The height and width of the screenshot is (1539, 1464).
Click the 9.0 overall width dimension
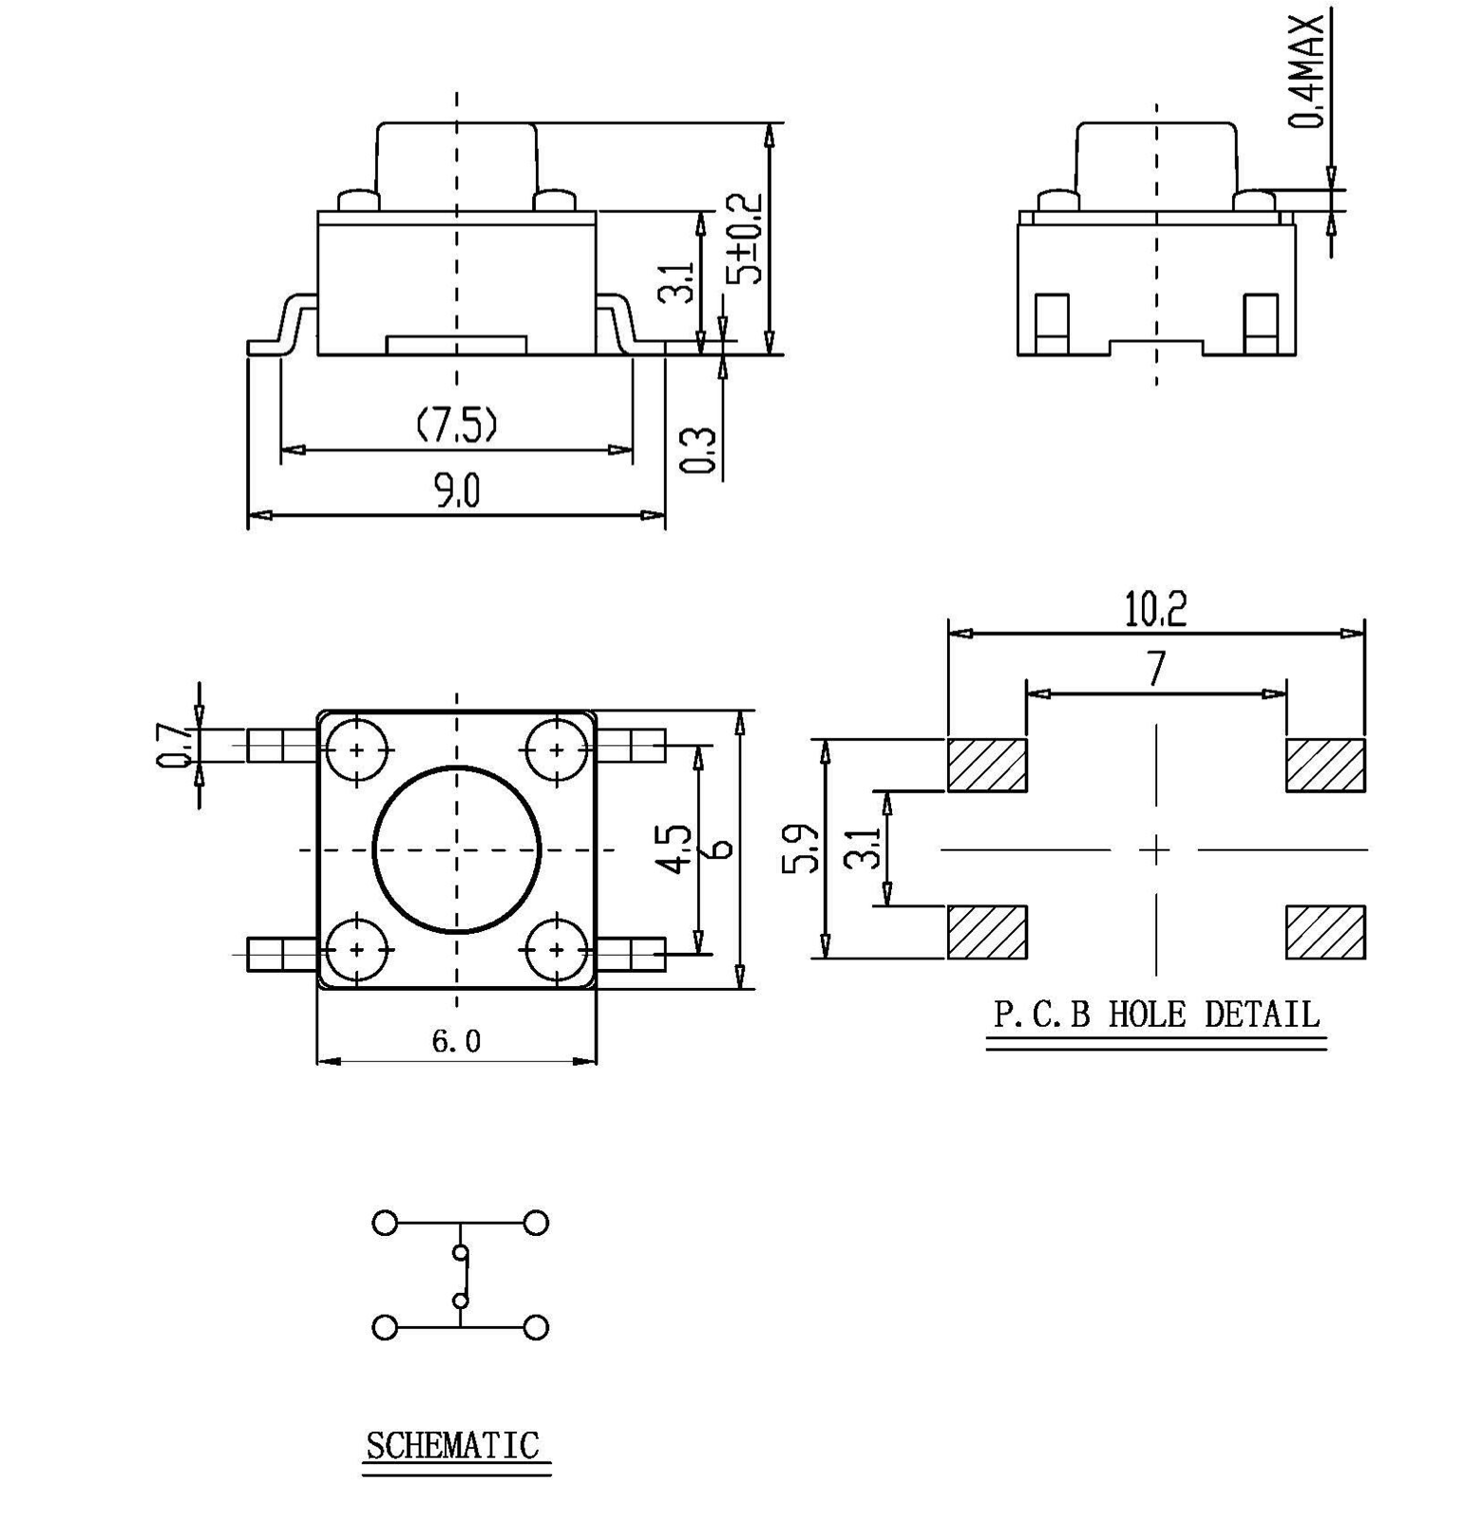[457, 491]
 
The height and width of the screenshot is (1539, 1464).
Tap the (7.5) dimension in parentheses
[457, 424]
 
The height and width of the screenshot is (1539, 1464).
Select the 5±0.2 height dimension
[746, 238]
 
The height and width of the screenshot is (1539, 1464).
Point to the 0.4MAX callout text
[1308, 71]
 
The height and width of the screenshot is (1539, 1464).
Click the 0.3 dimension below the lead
[698, 449]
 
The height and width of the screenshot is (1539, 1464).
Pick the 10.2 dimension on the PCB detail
[1155, 610]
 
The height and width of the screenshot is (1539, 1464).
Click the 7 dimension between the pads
[1155, 670]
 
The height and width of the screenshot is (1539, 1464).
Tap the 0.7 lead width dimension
[174, 745]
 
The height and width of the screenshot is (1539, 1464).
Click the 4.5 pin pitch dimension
[675, 848]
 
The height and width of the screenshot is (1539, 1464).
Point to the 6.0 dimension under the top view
[456, 1042]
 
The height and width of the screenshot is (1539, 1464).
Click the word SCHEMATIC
[452, 1446]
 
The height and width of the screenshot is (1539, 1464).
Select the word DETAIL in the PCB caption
[1262, 1015]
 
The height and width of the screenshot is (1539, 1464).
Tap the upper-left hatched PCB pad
[987, 765]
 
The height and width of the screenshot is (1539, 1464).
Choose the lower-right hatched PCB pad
[1325, 932]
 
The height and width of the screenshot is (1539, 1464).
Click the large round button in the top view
[457, 849]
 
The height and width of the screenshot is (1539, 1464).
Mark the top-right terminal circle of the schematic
[537, 1223]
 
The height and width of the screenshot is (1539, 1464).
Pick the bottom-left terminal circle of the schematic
[385, 1327]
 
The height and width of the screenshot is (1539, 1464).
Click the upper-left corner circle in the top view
[357, 750]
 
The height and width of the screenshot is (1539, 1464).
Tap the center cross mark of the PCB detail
[1155, 849]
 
